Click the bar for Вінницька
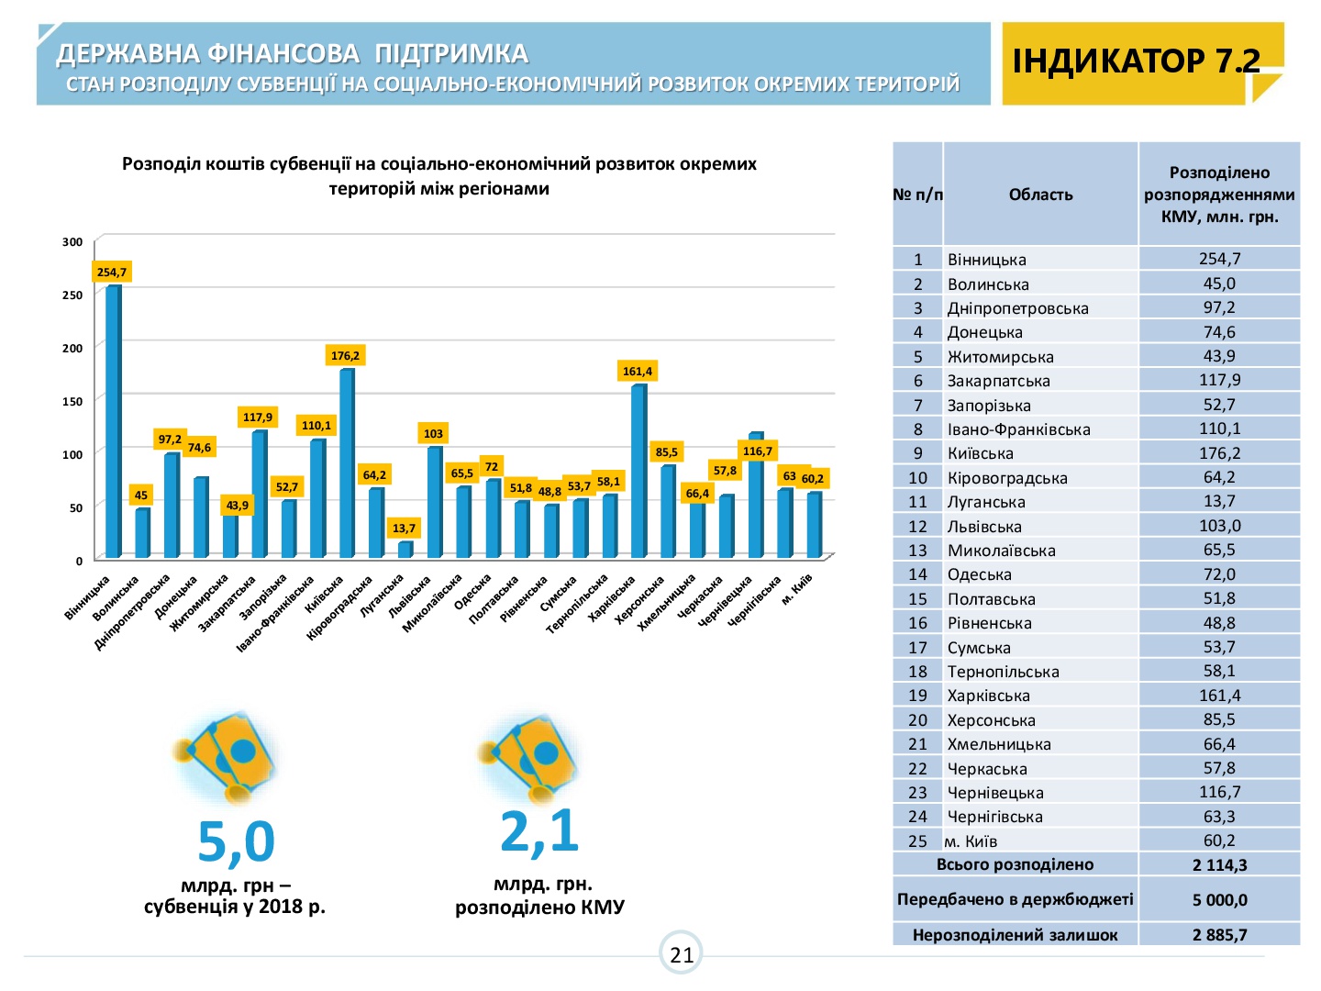113,421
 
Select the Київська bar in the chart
348,462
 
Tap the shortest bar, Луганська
405,550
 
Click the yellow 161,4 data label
637,371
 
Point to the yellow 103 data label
433,433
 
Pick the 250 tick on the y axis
72,295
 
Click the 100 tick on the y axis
72,455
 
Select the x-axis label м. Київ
797,589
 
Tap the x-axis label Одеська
472,592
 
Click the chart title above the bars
438,175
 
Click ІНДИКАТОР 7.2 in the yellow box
1136,61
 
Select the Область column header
1040,195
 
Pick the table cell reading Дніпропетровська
1017,308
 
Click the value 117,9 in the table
1219,380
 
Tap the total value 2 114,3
1219,864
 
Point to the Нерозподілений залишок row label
1015,934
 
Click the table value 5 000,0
1219,899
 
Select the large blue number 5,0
236,841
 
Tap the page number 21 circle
681,953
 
